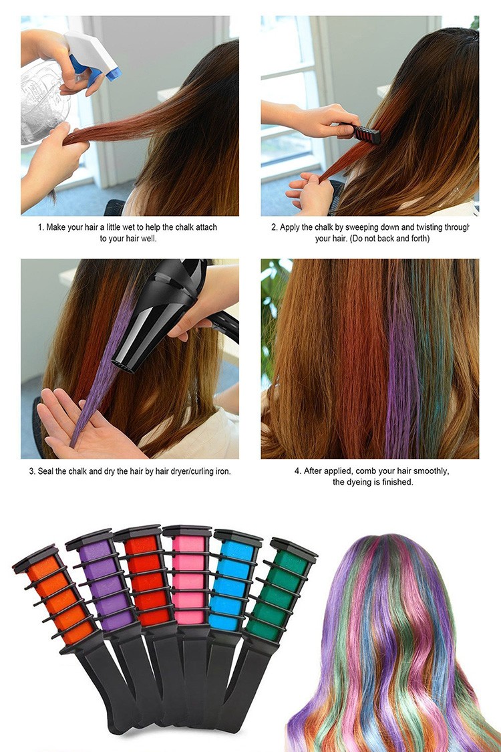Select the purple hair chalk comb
(x=110, y=604)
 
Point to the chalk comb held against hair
(x=366, y=134)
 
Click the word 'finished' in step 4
(x=397, y=482)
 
